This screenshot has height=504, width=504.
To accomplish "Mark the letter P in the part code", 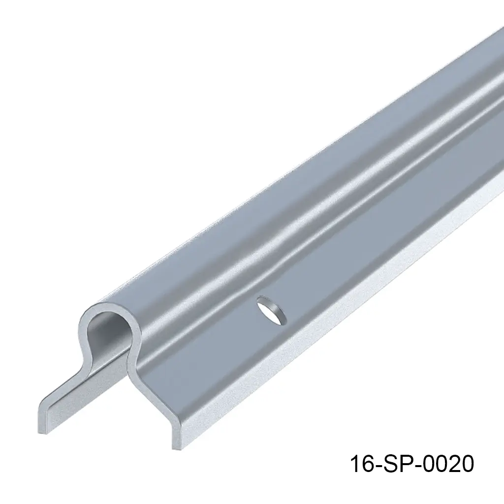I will [407, 464].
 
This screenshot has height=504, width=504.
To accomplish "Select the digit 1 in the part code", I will [354, 464].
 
